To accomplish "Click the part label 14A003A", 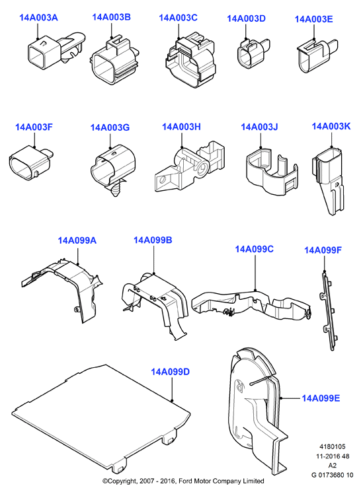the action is click(38, 17).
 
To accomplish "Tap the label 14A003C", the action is click(178, 18).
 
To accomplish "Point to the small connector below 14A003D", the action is click(253, 53).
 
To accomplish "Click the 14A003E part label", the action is click(313, 19).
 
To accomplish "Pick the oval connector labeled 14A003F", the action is click(31, 163).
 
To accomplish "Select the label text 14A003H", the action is click(181, 127).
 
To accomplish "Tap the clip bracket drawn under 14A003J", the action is click(272, 172).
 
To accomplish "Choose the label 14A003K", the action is click(331, 126).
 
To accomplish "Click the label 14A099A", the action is click(77, 240).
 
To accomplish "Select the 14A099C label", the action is click(254, 249).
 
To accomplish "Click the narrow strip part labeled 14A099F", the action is click(328, 311).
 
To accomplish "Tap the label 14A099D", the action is click(171, 372).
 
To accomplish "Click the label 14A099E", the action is click(321, 398).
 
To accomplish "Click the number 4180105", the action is click(333, 446).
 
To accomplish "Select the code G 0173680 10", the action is click(333, 475).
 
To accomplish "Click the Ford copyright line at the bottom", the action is click(183, 481).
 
